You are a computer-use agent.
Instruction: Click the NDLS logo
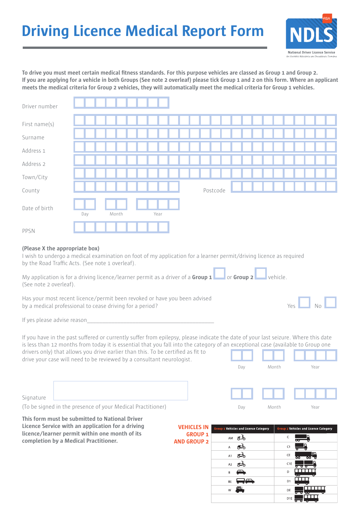pyautogui.click(x=311, y=35)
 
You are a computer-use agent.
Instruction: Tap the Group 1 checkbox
pyautogui.click(x=219, y=273)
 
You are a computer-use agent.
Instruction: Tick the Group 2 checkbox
pyautogui.click(x=261, y=273)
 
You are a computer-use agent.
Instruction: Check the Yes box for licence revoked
pyautogui.click(x=304, y=303)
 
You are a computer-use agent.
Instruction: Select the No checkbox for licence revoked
pyautogui.click(x=330, y=303)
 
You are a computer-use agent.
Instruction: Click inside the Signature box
pyautogui.click(x=121, y=390)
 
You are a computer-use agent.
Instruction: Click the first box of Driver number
pyautogui.click(x=79, y=103)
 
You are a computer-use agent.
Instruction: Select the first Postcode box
pyautogui.click(x=237, y=187)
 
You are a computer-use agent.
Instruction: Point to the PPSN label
pyautogui.click(x=28, y=231)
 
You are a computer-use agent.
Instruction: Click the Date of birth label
pyautogui.click(x=38, y=208)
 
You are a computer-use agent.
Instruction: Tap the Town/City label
pyautogui.click(x=35, y=177)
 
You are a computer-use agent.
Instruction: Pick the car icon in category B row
pyautogui.click(x=241, y=472)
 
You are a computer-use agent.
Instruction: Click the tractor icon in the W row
pyautogui.click(x=240, y=490)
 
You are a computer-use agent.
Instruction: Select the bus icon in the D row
pyautogui.click(x=305, y=472)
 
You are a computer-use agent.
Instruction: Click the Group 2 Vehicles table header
pyautogui.click(x=305, y=429)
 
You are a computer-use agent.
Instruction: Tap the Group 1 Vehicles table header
pyautogui.click(x=242, y=429)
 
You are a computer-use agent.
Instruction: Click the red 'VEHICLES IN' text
pyautogui.click(x=193, y=427)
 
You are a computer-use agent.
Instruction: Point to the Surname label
pyautogui.click(x=33, y=137)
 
